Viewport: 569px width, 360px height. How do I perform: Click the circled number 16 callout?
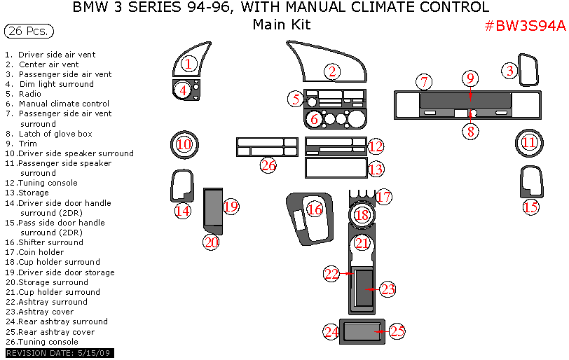[x=315, y=209]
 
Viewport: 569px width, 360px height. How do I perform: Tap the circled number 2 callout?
[x=332, y=71]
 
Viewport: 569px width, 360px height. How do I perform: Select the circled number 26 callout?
[x=268, y=165]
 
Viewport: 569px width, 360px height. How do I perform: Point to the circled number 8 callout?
[x=471, y=131]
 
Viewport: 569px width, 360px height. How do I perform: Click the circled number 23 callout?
[x=388, y=288]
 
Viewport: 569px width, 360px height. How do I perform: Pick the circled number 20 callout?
[x=212, y=242]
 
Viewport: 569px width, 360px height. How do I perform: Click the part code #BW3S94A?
[x=525, y=26]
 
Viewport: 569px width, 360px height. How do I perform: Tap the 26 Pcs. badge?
[x=29, y=32]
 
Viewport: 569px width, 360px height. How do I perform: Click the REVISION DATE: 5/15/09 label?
[x=59, y=353]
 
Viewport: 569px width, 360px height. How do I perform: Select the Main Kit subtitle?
[x=282, y=25]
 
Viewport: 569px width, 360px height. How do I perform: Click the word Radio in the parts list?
[x=30, y=94]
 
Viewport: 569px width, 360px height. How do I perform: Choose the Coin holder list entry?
[x=41, y=252]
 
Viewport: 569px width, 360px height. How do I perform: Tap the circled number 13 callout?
[x=376, y=169]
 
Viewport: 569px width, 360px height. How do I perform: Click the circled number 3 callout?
[x=510, y=70]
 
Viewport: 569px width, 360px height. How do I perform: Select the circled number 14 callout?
[x=183, y=210]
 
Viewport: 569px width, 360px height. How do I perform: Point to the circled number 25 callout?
[x=397, y=331]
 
